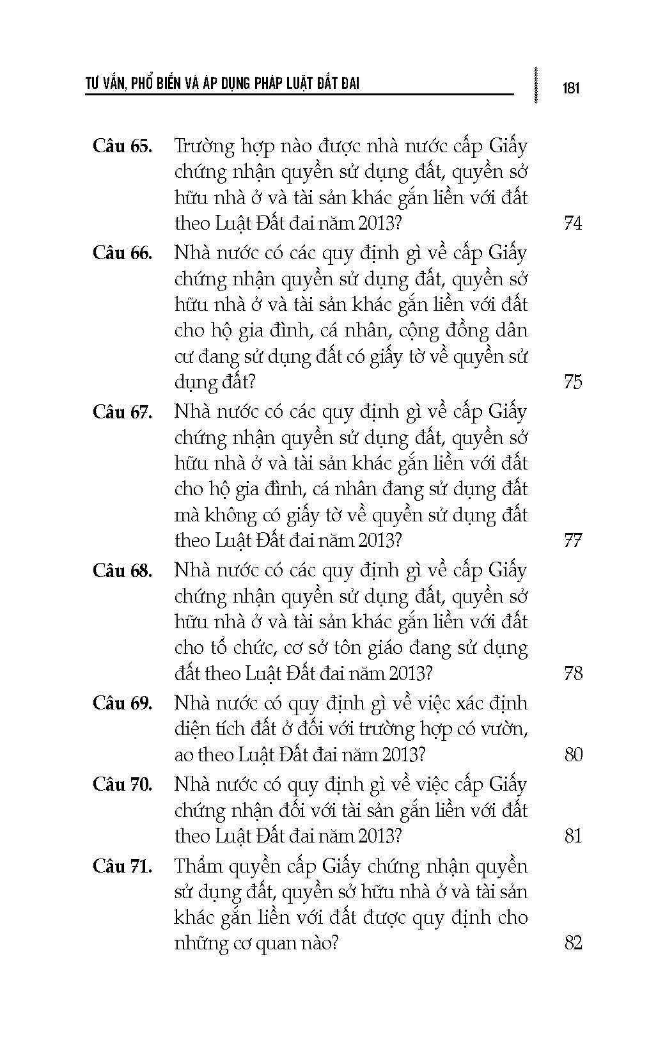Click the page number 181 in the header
571,88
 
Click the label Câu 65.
122,146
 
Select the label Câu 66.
122,253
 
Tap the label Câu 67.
122,411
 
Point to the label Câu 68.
122,570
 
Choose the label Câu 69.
122,703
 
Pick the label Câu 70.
122,784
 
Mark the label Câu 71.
122,866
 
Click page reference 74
574,223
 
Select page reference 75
574,382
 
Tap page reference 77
574,541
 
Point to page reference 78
574,673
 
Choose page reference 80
574,755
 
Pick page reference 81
574,836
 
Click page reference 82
574,943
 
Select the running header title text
223,84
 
